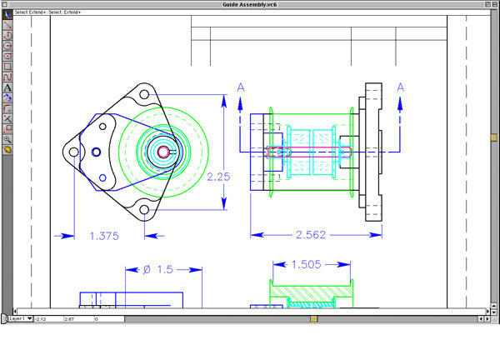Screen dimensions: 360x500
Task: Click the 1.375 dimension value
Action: pyautogui.click(x=104, y=236)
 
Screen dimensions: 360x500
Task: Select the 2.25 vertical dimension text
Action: pyautogui.click(x=218, y=177)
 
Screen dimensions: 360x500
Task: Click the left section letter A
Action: pyautogui.click(x=241, y=87)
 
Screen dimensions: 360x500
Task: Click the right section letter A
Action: pyautogui.click(x=401, y=87)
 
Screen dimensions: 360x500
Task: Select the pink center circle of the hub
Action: pyautogui.click(x=163, y=152)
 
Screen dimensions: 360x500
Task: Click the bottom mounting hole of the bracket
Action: pyautogui.click(x=103, y=177)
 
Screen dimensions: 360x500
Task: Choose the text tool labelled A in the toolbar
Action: pyautogui.click(x=7, y=87)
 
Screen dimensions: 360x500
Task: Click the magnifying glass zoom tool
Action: pyautogui.click(x=7, y=139)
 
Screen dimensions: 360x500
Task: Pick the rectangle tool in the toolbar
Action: pyautogui.click(x=7, y=67)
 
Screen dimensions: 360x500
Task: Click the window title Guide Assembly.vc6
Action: pyautogui.click(x=250, y=4)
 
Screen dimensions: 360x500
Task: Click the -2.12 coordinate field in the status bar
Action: pyautogui.click(x=42, y=318)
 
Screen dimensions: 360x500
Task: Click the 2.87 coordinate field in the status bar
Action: pyautogui.click(x=70, y=318)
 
